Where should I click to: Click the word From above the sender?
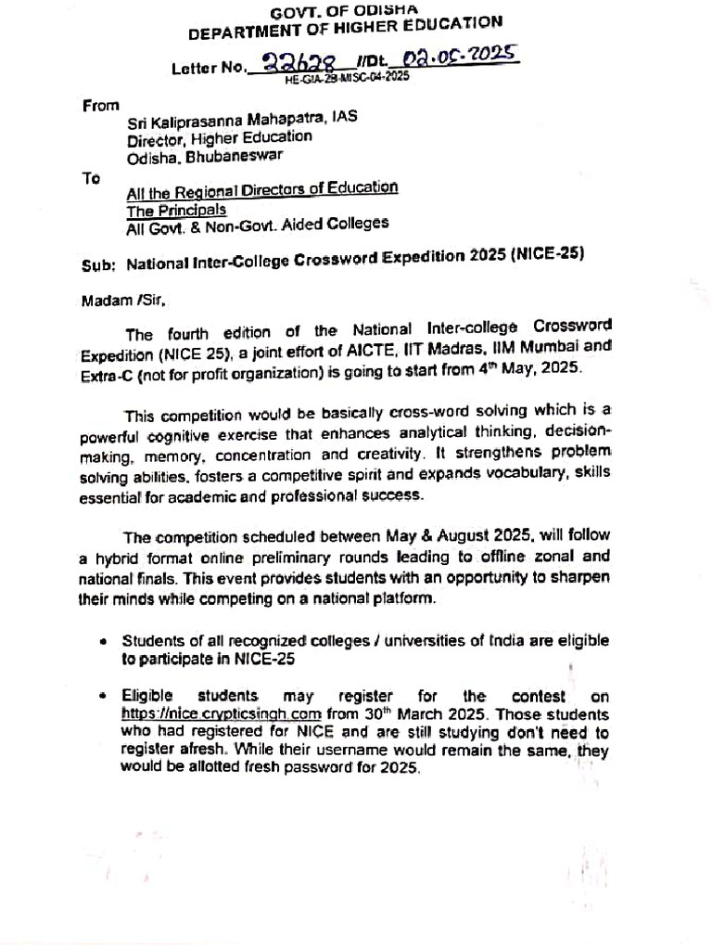[x=101, y=105]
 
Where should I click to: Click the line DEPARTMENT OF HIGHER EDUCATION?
[x=346, y=29]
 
